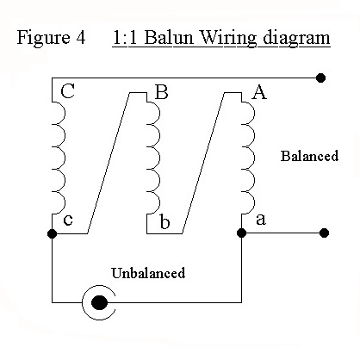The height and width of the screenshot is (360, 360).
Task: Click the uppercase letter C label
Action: click(68, 91)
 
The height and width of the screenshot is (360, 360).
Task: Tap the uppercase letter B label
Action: click(161, 91)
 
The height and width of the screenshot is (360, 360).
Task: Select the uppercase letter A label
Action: click(259, 92)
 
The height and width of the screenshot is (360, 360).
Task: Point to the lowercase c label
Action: click(68, 220)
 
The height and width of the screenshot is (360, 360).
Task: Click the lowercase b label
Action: click(164, 221)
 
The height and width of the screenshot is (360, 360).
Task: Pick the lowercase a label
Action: click(261, 220)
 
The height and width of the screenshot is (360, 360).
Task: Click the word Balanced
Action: click(309, 156)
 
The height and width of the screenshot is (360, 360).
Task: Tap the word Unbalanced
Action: click(148, 273)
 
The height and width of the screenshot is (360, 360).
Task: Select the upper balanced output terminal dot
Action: click(320, 78)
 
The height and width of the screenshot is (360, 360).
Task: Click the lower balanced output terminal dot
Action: click(324, 233)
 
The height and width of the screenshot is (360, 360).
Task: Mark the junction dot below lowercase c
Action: click(52, 233)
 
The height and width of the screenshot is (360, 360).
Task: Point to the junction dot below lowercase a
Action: click(242, 233)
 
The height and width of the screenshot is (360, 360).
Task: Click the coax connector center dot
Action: click(99, 302)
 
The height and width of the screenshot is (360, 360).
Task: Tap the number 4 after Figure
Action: click(81, 38)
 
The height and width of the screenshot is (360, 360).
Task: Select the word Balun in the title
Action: click(169, 38)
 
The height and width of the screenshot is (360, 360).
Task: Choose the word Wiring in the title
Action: click(228, 38)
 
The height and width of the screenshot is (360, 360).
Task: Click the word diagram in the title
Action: click(296, 39)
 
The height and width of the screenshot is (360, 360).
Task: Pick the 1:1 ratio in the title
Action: click(125, 38)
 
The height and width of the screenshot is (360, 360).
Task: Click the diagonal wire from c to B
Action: click(109, 163)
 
